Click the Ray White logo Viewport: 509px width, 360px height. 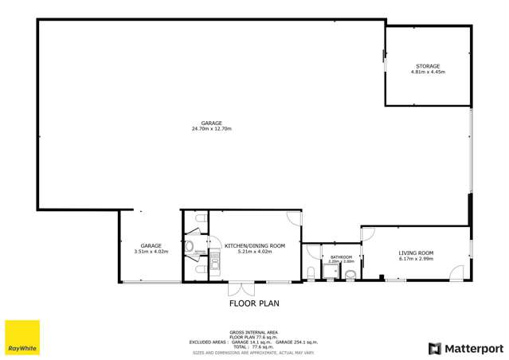[x=22, y=338]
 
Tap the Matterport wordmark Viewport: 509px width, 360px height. [x=467, y=348]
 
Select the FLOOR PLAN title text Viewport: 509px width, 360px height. [x=254, y=303]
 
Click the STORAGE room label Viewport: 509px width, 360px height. [x=427, y=66]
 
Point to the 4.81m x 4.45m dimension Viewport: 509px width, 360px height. [x=427, y=72]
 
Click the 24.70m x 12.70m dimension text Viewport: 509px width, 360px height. [x=211, y=128]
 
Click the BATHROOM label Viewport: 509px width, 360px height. [x=341, y=257]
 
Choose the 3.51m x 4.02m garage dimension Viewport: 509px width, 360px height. [x=151, y=251]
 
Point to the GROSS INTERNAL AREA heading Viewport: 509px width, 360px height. [x=253, y=331]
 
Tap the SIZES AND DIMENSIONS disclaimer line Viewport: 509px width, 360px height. [x=253, y=351]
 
